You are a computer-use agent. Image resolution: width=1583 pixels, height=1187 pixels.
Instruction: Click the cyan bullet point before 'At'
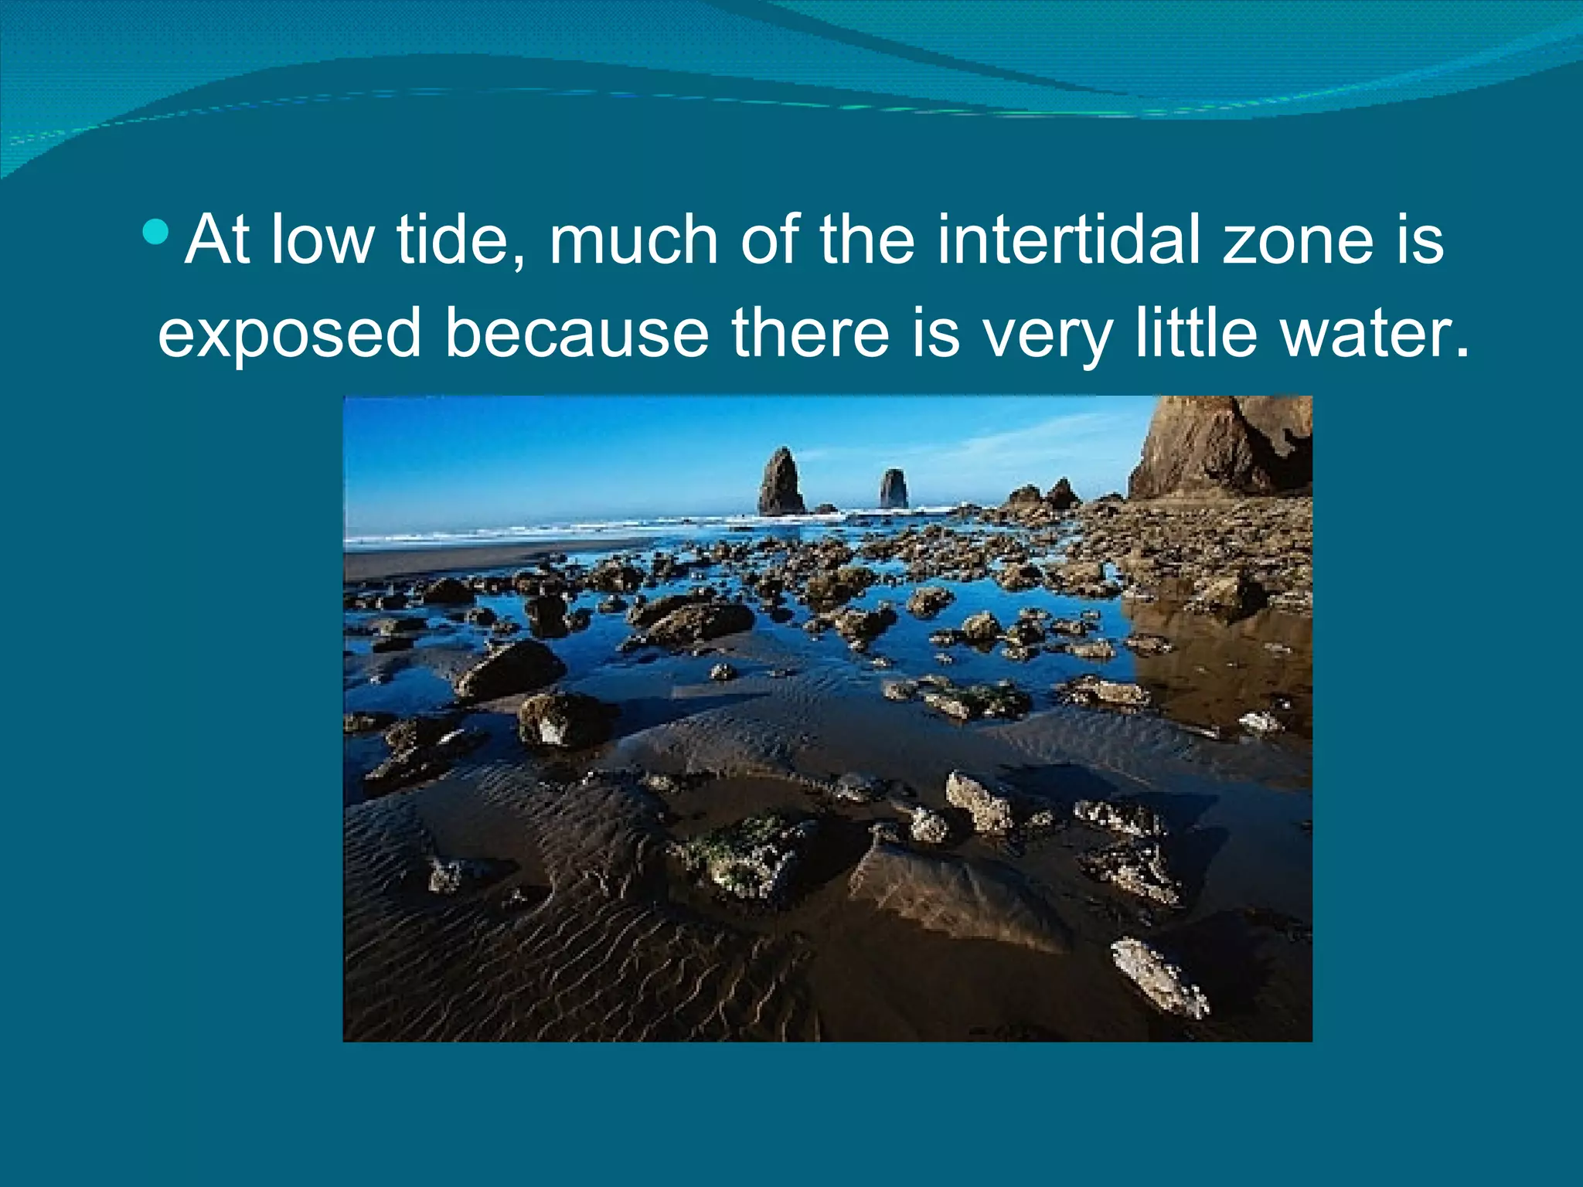156,231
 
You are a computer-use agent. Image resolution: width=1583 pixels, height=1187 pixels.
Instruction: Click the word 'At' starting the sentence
217,240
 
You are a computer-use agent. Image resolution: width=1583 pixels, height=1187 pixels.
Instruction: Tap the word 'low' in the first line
322,240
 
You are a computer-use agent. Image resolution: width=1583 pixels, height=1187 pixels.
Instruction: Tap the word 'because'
577,334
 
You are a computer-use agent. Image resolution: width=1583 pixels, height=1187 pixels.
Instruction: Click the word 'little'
1196,334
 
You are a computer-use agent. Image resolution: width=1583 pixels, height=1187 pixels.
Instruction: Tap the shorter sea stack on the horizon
894,488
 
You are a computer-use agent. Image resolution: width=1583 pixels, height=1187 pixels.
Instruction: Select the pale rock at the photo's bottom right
1159,977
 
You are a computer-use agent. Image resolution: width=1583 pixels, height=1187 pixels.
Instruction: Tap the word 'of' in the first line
768,240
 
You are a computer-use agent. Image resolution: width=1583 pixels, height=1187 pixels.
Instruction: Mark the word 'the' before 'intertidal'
866,240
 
